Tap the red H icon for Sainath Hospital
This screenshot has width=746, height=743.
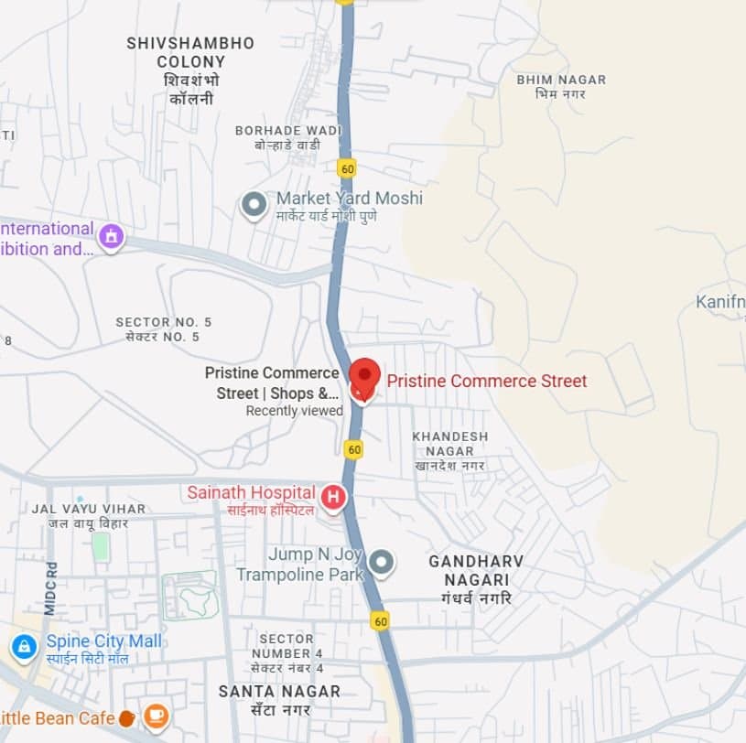click(x=335, y=497)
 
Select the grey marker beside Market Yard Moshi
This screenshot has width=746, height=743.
click(x=254, y=204)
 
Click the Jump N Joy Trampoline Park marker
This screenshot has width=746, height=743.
click(x=381, y=562)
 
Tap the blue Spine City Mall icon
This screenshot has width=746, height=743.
click(x=24, y=648)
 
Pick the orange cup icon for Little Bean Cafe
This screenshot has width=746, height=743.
click(x=156, y=715)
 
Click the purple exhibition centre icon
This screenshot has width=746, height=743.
click(x=112, y=236)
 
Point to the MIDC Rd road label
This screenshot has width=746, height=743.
click(x=50, y=587)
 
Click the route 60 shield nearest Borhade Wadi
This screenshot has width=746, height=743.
click(x=346, y=168)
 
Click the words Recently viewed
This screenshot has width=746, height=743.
click(x=294, y=411)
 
